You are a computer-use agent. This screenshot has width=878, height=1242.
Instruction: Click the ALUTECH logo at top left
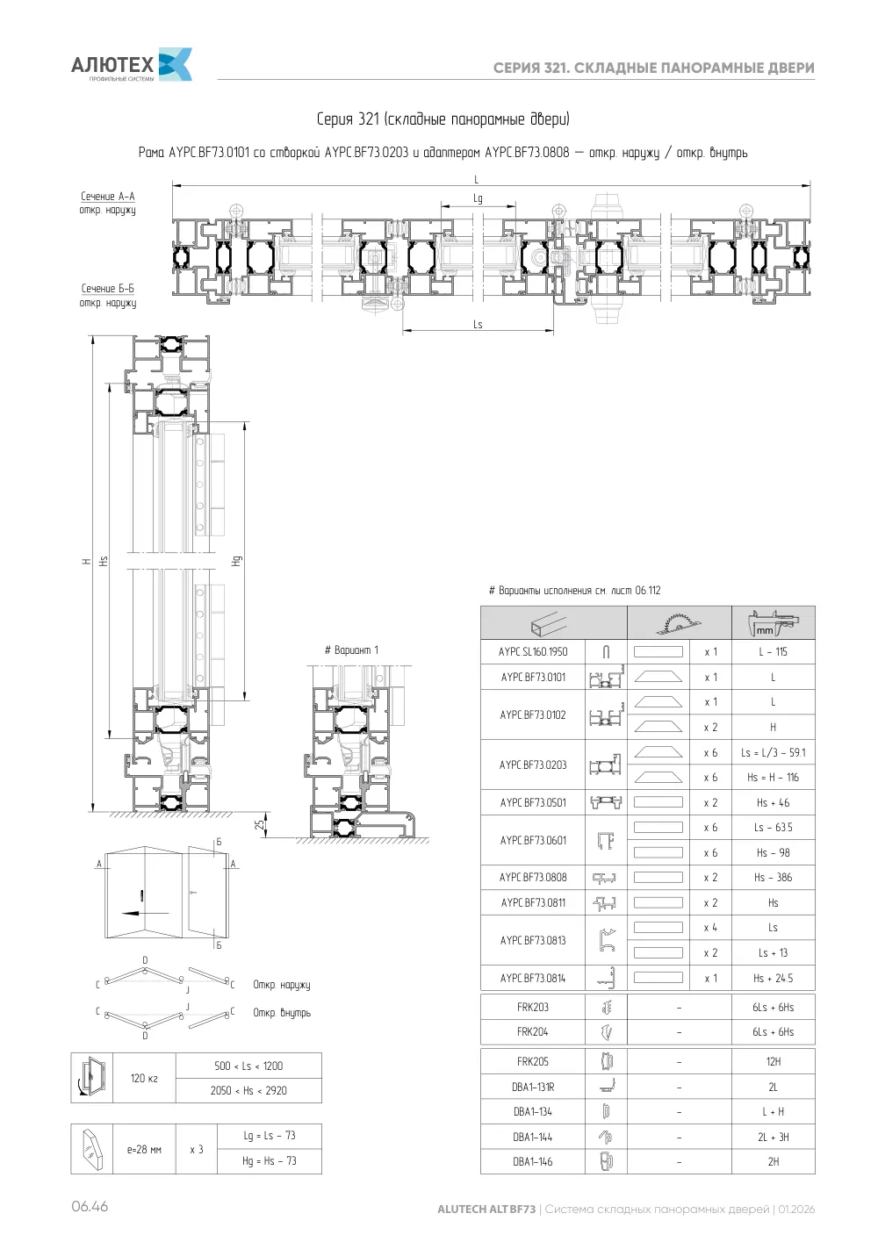(x=132, y=65)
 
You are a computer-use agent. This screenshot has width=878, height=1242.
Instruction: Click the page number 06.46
(x=90, y=1206)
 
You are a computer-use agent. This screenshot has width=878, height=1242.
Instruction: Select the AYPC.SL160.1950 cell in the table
(x=532, y=651)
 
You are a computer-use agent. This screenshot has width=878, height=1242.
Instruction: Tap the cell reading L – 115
(x=773, y=651)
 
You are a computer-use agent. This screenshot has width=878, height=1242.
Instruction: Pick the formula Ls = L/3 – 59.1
(x=773, y=752)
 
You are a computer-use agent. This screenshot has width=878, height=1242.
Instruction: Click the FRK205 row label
(x=532, y=1061)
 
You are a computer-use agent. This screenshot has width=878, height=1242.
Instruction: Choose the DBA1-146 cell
(x=532, y=1161)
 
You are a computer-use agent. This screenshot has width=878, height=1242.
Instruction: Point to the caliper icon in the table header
(x=773, y=623)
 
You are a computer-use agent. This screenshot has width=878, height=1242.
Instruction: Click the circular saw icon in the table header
(x=678, y=623)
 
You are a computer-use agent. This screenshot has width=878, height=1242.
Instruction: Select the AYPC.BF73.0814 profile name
(x=532, y=978)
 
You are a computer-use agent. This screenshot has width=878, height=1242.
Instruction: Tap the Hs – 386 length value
(x=773, y=877)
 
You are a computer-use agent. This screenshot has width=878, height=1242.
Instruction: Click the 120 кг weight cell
(x=144, y=1078)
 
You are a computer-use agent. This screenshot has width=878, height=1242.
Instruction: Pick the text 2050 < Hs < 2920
(x=248, y=1090)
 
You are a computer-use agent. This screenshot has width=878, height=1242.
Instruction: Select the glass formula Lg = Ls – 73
(x=269, y=1135)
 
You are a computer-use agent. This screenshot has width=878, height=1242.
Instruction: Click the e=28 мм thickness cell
(x=144, y=1149)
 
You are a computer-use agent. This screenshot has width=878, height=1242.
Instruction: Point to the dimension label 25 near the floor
(x=259, y=824)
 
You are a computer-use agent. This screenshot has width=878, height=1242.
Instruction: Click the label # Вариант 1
(x=351, y=650)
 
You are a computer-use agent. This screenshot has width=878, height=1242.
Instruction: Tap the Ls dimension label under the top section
(x=478, y=324)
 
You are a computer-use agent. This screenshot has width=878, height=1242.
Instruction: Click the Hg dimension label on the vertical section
(x=237, y=561)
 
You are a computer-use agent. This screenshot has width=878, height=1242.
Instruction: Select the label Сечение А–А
(x=108, y=197)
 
